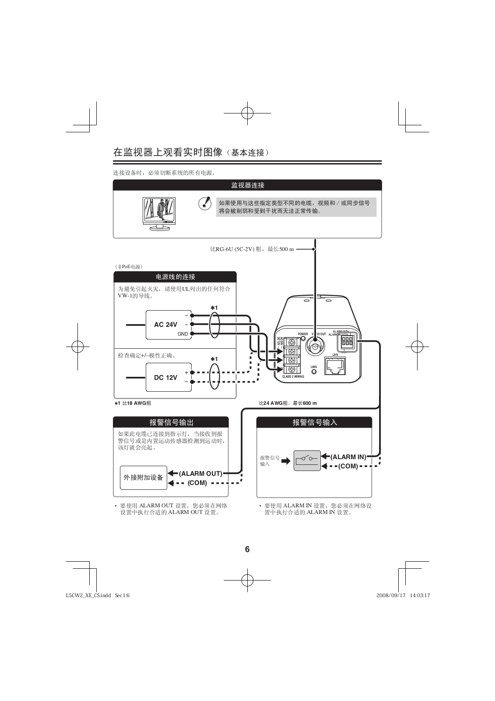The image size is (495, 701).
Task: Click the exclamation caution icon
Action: click(204, 204)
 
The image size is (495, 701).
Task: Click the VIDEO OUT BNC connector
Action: click(315, 347)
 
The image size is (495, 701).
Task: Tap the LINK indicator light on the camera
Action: click(314, 372)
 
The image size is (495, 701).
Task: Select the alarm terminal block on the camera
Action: click(348, 342)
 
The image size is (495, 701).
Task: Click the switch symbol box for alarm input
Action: click(307, 460)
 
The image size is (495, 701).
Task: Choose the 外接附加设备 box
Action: click(143, 478)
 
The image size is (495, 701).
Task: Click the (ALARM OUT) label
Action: click(200, 474)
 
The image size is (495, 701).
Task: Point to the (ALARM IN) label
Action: click(348, 457)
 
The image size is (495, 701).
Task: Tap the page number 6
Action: click(247, 549)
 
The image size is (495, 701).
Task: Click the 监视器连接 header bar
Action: click(247, 185)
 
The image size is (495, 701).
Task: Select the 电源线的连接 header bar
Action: click(175, 277)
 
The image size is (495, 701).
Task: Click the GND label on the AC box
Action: click(183, 334)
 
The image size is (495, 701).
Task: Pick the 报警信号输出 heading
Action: click(171, 422)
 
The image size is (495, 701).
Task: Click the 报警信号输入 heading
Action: click(314, 422)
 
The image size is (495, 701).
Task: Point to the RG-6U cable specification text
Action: click(252, 249)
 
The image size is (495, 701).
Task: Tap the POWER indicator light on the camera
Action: click(303, 338)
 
